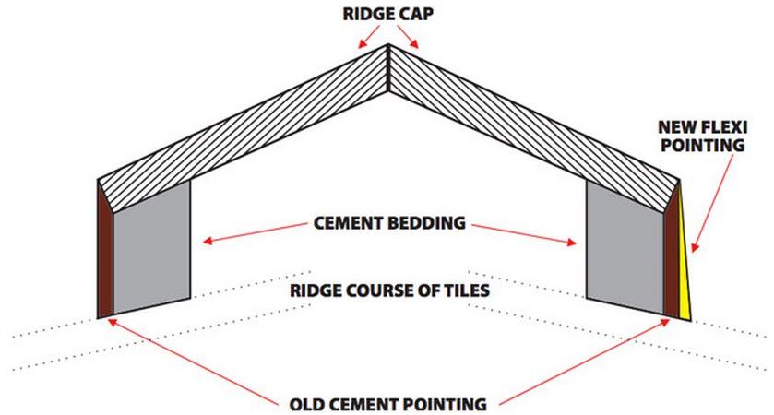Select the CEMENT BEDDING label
pyautogui.click(x=387, y=223)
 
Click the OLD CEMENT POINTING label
pyautogui.click(x=387, y=403)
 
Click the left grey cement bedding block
pyautogui.click(x=151, y=244)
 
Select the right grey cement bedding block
pyautogui.click(x=625, y=244)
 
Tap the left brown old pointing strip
pyautogui.click(x=105, y=249)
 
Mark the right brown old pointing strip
pyautogui.click(x=671, y=254)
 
